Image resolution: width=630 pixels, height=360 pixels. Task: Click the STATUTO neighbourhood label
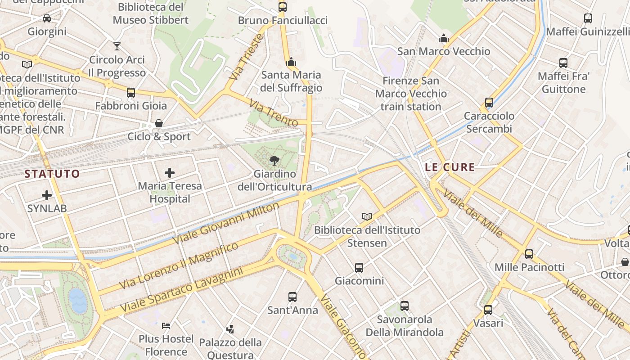coord(52,174)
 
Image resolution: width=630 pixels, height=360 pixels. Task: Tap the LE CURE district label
coord(450,167)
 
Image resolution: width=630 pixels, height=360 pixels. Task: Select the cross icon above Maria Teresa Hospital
coord(170,172)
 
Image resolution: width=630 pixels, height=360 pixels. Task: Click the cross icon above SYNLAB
coord(47,195)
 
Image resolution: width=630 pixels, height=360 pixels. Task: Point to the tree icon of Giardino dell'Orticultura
coord(274,160)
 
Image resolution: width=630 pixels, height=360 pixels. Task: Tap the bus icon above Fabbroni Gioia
coord(131,93)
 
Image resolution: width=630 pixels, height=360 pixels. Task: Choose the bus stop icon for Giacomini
coord(359,268)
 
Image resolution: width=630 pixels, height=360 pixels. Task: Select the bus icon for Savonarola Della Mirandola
coord(405,306)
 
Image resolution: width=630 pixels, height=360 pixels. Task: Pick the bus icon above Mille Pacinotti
coord(529,254)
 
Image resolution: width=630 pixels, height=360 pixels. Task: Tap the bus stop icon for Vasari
coord(488,310)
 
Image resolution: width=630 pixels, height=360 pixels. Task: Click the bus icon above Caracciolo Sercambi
coord(489,103)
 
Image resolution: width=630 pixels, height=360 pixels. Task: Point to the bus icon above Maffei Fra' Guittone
coord(563,63)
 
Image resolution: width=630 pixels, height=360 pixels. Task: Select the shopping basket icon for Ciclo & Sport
coord(159,123)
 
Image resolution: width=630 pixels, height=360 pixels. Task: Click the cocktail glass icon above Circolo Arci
coord(117,46)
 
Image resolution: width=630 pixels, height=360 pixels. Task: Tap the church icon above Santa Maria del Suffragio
coord(291,61)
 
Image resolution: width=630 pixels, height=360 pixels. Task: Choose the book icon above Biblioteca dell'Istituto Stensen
coord(367,216)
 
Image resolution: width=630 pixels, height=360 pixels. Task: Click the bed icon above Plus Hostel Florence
coord(166,325)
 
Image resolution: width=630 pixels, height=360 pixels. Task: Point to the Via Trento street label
coord(274,113)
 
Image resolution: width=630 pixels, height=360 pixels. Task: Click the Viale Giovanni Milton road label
coord(226,223)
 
